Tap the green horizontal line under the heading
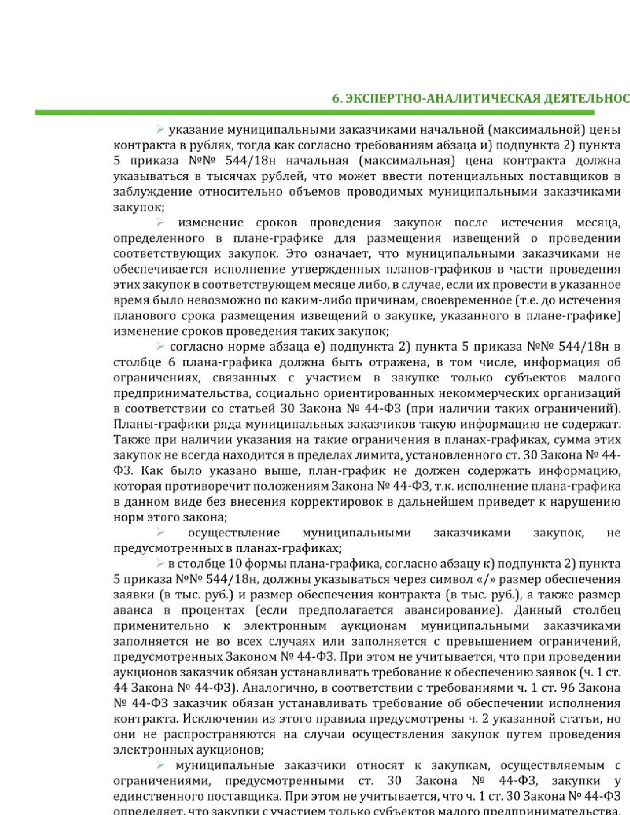pyautogui.click(x=321, y=113)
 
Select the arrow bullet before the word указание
pyautogui.click(x=160, y=130)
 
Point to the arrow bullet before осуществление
pyautogui.click(x=160, y=532)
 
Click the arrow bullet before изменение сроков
pyautogui.click(x=160, y=223)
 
